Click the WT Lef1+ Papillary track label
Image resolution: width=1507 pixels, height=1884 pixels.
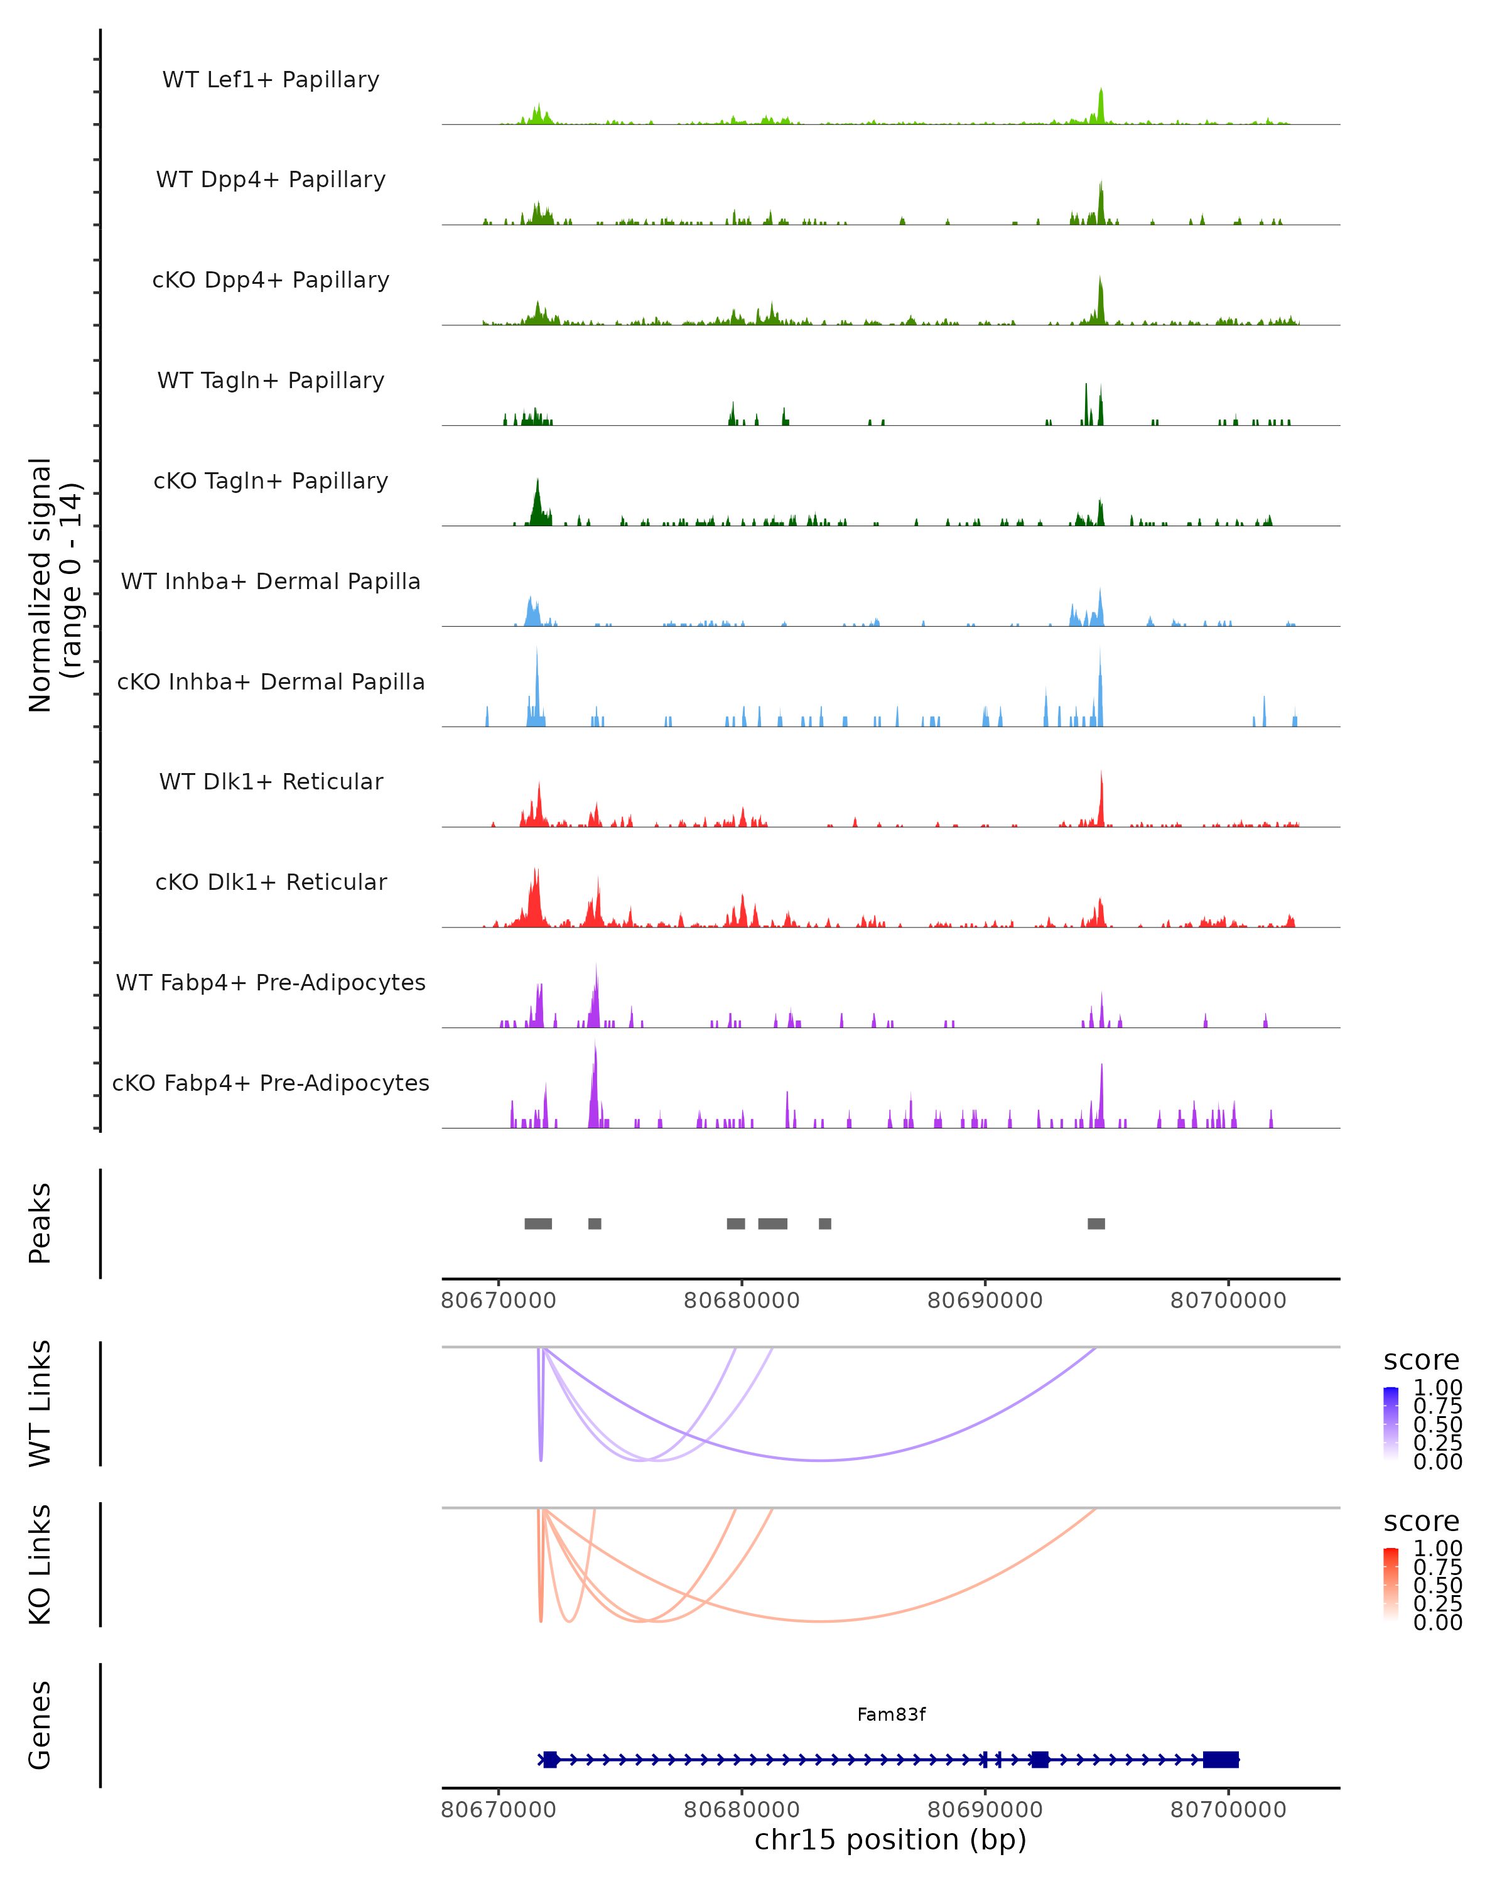click(271, 80)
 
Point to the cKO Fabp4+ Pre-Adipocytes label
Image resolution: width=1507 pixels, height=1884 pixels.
click(271, 1083)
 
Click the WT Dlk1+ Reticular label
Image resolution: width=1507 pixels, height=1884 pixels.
click(271, 781)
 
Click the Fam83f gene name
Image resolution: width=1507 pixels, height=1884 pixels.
click(890, 1714)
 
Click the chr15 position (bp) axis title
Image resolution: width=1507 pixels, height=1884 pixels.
click(890, 1839)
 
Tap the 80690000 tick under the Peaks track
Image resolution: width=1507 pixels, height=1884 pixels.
click(985, 1301)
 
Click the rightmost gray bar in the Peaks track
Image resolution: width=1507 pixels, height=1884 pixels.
click(1096, 1223)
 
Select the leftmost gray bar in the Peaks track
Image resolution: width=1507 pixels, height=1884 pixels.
click(537, 1223)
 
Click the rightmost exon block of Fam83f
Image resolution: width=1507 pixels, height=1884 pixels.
click(1221, 1759)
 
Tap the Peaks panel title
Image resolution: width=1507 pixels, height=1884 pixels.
click(40, 1223)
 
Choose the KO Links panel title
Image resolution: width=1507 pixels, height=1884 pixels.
click(40, 1565)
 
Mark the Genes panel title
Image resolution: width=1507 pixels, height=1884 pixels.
click(40, 1725)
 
